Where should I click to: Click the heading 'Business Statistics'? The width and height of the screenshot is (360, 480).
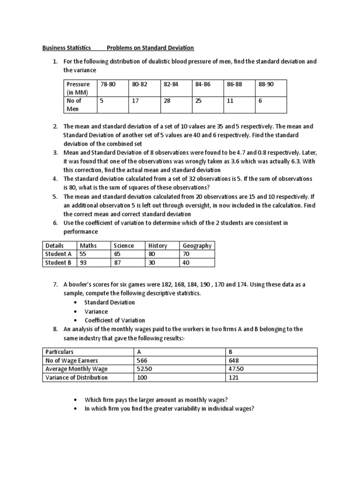pos(67,48)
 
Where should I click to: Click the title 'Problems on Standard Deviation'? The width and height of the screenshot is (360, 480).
pos(150,48)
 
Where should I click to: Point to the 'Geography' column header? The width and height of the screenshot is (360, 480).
pos(197,245)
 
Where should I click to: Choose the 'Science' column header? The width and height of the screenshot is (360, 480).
pos(124,245)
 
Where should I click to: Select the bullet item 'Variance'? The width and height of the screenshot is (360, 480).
pos(96,311)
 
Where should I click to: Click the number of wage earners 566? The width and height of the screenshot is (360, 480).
pos(142,360)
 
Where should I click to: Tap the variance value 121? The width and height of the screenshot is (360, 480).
pos(233,377)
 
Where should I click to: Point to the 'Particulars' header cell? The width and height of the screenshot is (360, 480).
pos(60,352)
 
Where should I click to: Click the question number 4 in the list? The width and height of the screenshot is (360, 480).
pos(55,179)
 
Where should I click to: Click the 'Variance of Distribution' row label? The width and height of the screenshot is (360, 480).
pos(76,377)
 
